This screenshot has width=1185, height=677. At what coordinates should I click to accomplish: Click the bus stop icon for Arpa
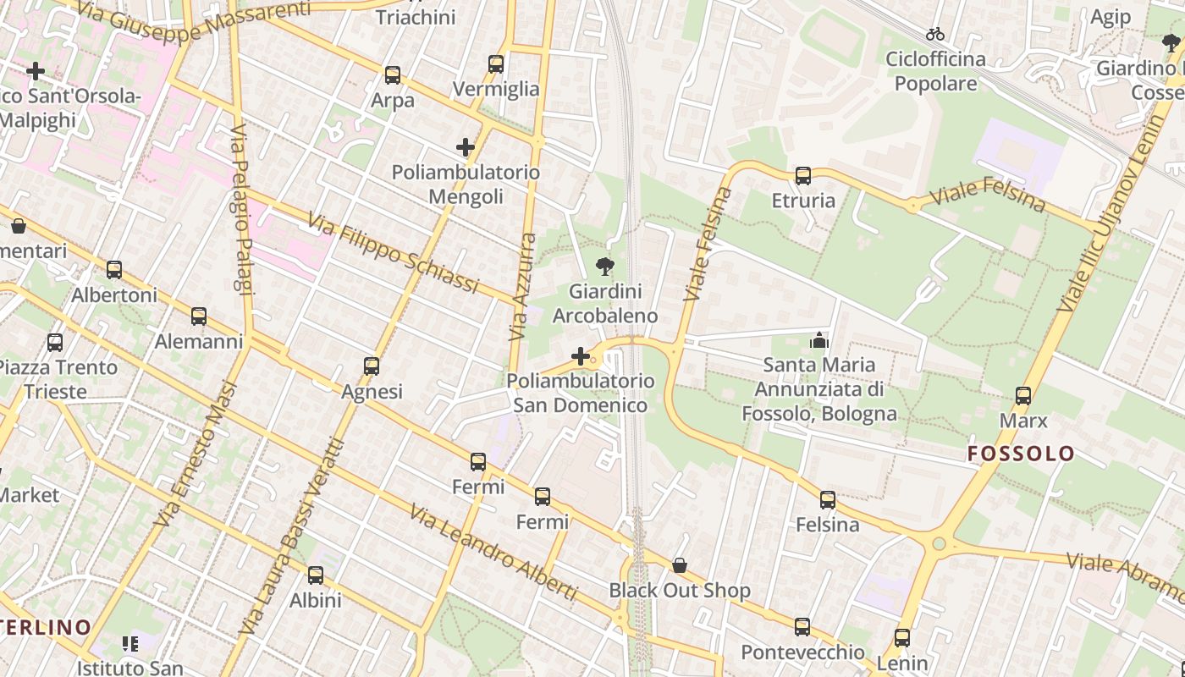[x=392, y=74]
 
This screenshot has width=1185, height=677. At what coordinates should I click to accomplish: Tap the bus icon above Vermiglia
[x=496, y=63]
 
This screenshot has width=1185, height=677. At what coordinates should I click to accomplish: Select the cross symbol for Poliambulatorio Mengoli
[x=465, y=147]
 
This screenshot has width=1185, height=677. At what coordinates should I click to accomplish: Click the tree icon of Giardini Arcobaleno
[x=604, y=267]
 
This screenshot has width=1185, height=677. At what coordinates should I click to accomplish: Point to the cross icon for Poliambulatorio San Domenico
[x=581, y=355]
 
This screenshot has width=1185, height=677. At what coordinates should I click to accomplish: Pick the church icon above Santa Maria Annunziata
[x=818, y=340]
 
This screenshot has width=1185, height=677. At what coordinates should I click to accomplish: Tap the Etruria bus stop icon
[x=802, y=176]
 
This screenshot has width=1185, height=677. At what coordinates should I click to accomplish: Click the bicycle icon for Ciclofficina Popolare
[x=935, y=34]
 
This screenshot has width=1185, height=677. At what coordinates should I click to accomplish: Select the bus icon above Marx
[x=1023, y=395]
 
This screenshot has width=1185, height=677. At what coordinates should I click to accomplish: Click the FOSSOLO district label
[x=1021, y=454]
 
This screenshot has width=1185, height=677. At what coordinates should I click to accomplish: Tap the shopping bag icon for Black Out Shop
[x=679, y=564]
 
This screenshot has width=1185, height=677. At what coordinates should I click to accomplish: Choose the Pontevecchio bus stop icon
[x=802, y=627]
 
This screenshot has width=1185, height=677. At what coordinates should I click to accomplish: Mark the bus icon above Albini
[x=316, y=575]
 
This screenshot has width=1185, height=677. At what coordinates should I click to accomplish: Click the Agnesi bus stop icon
[x=372, y=366]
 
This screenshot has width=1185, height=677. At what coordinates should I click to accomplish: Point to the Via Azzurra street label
[x=522, y=288]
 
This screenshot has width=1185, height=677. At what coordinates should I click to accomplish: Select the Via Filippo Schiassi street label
[x=394, y=253]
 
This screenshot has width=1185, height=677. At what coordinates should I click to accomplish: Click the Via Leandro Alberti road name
[x=493, y=553]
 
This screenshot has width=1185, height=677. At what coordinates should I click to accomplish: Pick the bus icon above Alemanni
[x=199, y=316]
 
